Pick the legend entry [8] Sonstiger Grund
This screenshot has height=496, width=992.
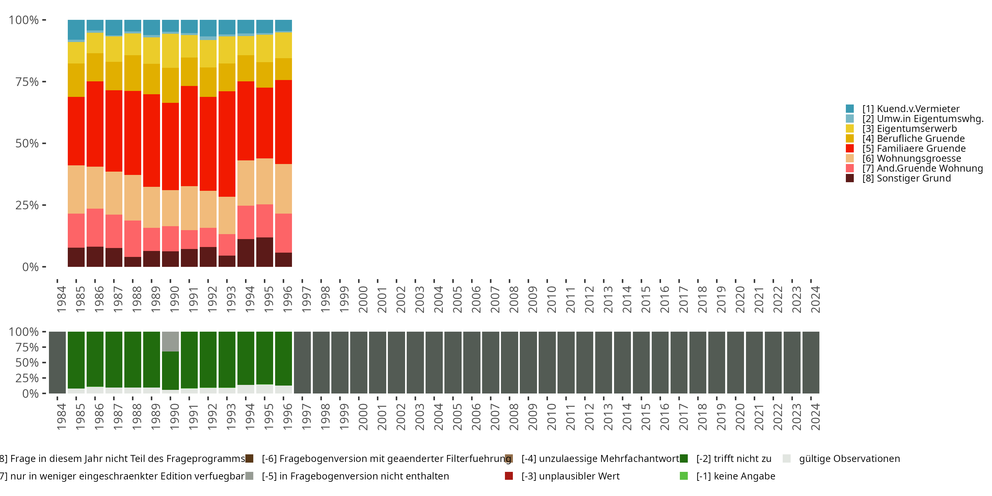[906, 178]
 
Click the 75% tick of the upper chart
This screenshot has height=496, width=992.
[27, 82]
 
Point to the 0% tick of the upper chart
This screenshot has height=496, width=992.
[30, 267]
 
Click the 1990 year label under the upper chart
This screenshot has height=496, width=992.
[175, 299]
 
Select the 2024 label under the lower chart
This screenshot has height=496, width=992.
[815, 417]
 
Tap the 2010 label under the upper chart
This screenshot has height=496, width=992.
[552, 299]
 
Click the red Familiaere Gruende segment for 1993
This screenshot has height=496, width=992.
[227, 144]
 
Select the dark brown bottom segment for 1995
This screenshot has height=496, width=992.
[265, 252]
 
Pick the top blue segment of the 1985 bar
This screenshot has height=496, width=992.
[76, 29]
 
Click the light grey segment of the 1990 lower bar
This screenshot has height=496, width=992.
[170, 341]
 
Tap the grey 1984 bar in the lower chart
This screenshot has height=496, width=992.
[58, 362]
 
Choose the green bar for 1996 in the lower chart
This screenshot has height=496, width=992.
[283, 358]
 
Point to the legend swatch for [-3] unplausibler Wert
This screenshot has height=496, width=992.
[509, 476]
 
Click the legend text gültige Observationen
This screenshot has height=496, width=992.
[849, 459]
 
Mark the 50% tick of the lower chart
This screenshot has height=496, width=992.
[27, 362]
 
